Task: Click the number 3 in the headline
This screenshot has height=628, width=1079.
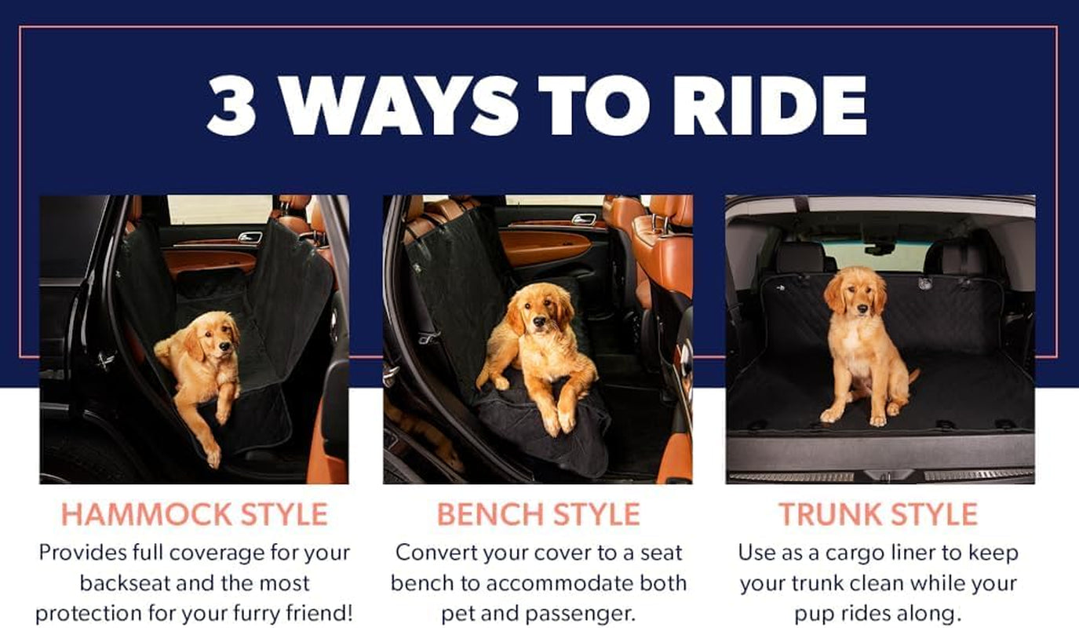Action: [232, 106]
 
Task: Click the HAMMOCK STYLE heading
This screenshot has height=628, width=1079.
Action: [194, 514]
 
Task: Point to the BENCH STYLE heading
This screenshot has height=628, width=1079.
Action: [538, 514]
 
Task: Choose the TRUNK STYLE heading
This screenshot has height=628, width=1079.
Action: [878, 514]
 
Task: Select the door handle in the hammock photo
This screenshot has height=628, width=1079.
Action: [250, 237]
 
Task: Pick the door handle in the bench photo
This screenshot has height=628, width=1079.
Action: [584, 219]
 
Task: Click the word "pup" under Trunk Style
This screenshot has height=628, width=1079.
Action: [820, 613]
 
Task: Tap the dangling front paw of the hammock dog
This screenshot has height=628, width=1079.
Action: [212, 455]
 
